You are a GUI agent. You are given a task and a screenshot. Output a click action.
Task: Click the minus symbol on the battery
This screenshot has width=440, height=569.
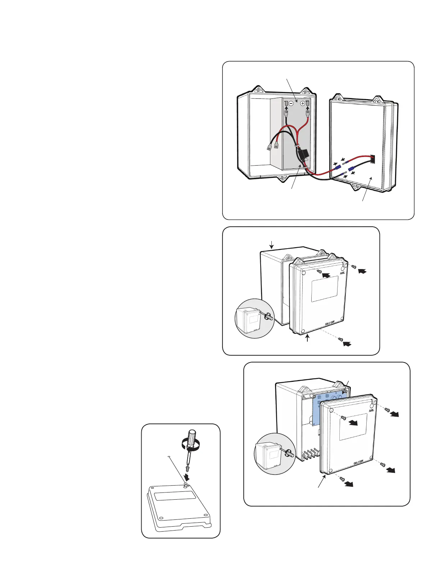click(292, 103)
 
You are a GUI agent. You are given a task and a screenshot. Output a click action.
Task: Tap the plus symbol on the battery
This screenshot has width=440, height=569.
click(303, 103)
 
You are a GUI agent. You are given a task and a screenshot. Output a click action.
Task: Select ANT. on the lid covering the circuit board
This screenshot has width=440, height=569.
click(372, 410)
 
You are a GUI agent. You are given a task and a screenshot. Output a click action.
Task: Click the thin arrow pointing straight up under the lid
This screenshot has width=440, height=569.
click(307, 338)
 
